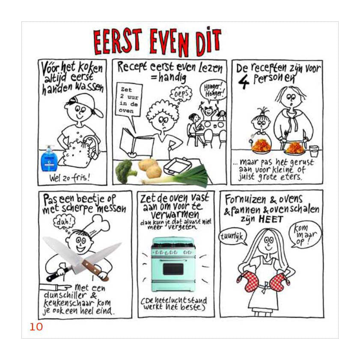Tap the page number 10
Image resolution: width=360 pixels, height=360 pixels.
[36, 327]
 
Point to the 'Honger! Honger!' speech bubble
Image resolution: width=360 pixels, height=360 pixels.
[213, 90]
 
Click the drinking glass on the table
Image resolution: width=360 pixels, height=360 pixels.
[314, 151]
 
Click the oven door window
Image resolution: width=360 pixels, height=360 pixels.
[173, 269]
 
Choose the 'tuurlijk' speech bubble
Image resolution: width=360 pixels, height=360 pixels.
[232, 237]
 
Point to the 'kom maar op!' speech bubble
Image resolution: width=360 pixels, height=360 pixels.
[305, 234]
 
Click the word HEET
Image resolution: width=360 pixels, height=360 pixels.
[271, 219]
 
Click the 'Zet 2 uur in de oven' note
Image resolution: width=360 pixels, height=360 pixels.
[129, 100]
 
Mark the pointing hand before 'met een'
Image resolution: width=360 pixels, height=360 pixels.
[56, 287]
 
